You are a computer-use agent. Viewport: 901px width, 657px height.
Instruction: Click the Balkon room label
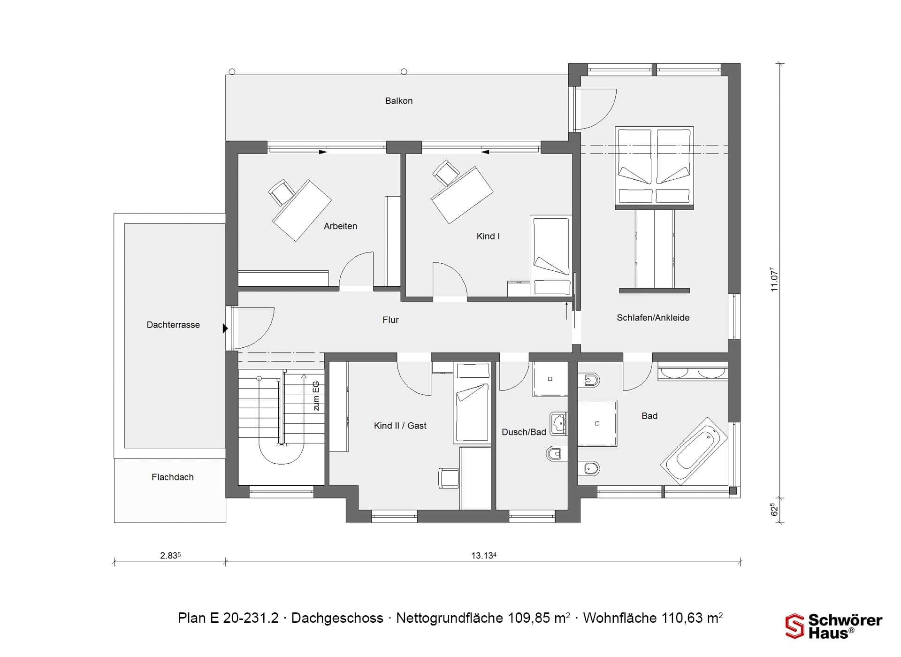[x=399, y=101]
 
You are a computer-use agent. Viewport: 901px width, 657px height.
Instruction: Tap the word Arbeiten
[x=340, y=226]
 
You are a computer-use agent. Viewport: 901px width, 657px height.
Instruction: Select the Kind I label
[x=488, y=236]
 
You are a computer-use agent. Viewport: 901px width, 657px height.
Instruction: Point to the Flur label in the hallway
[x=390, y=320]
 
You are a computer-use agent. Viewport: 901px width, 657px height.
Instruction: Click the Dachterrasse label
[x=173, y=325]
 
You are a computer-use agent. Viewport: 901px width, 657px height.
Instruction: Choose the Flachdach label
[x=173, y=477]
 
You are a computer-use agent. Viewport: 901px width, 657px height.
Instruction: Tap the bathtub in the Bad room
[x=694, y=451]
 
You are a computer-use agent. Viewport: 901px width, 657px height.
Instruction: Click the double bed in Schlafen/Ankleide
[x=654, y=168]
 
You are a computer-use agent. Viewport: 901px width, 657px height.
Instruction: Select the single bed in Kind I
[x=551, y=256]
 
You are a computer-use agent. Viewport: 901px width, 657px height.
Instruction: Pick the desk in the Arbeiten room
[x=302, y=210]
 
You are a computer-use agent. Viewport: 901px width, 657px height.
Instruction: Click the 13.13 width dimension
[x=484, y=556]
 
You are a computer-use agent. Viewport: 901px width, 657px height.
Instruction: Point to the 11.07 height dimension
[x=774, y=280]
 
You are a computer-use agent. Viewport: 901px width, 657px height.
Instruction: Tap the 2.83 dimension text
[x=170, y=556]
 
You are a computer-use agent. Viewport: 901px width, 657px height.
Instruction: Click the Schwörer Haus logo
[x=834, y=626]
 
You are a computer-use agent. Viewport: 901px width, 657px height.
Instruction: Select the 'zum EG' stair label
[x=316, y=396]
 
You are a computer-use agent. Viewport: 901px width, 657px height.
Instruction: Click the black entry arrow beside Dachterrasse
[x=225, y=328]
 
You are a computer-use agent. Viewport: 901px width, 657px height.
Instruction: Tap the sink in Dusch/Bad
[x=558, y=424]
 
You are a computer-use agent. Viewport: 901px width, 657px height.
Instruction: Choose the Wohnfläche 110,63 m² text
[x=653, y=618]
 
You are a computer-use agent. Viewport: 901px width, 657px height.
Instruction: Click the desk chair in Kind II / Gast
[x=449, y=478]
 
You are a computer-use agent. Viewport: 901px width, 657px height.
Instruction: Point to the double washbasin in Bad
[x=693, y=372]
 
